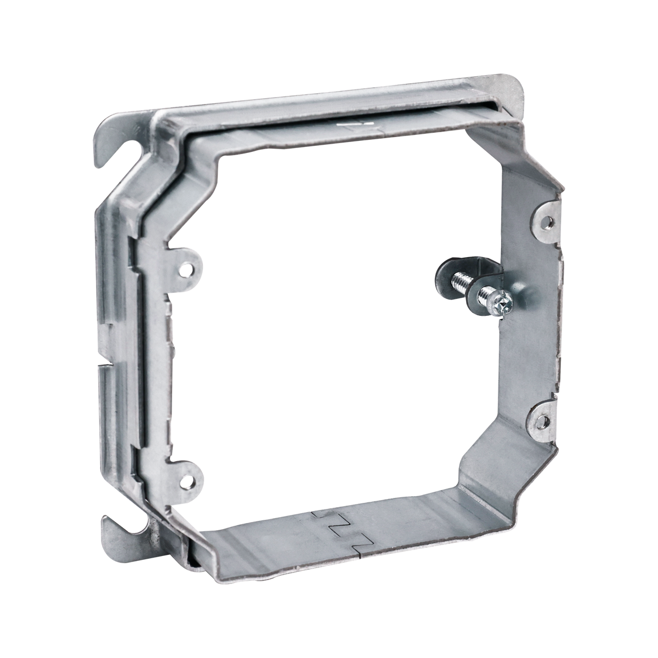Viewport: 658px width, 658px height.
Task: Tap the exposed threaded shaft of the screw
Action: [462, 281]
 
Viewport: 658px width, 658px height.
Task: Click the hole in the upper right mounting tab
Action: [548, 222]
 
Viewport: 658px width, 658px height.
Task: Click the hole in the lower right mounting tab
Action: [543, 421]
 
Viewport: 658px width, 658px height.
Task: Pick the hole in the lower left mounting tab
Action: [189, 483]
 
